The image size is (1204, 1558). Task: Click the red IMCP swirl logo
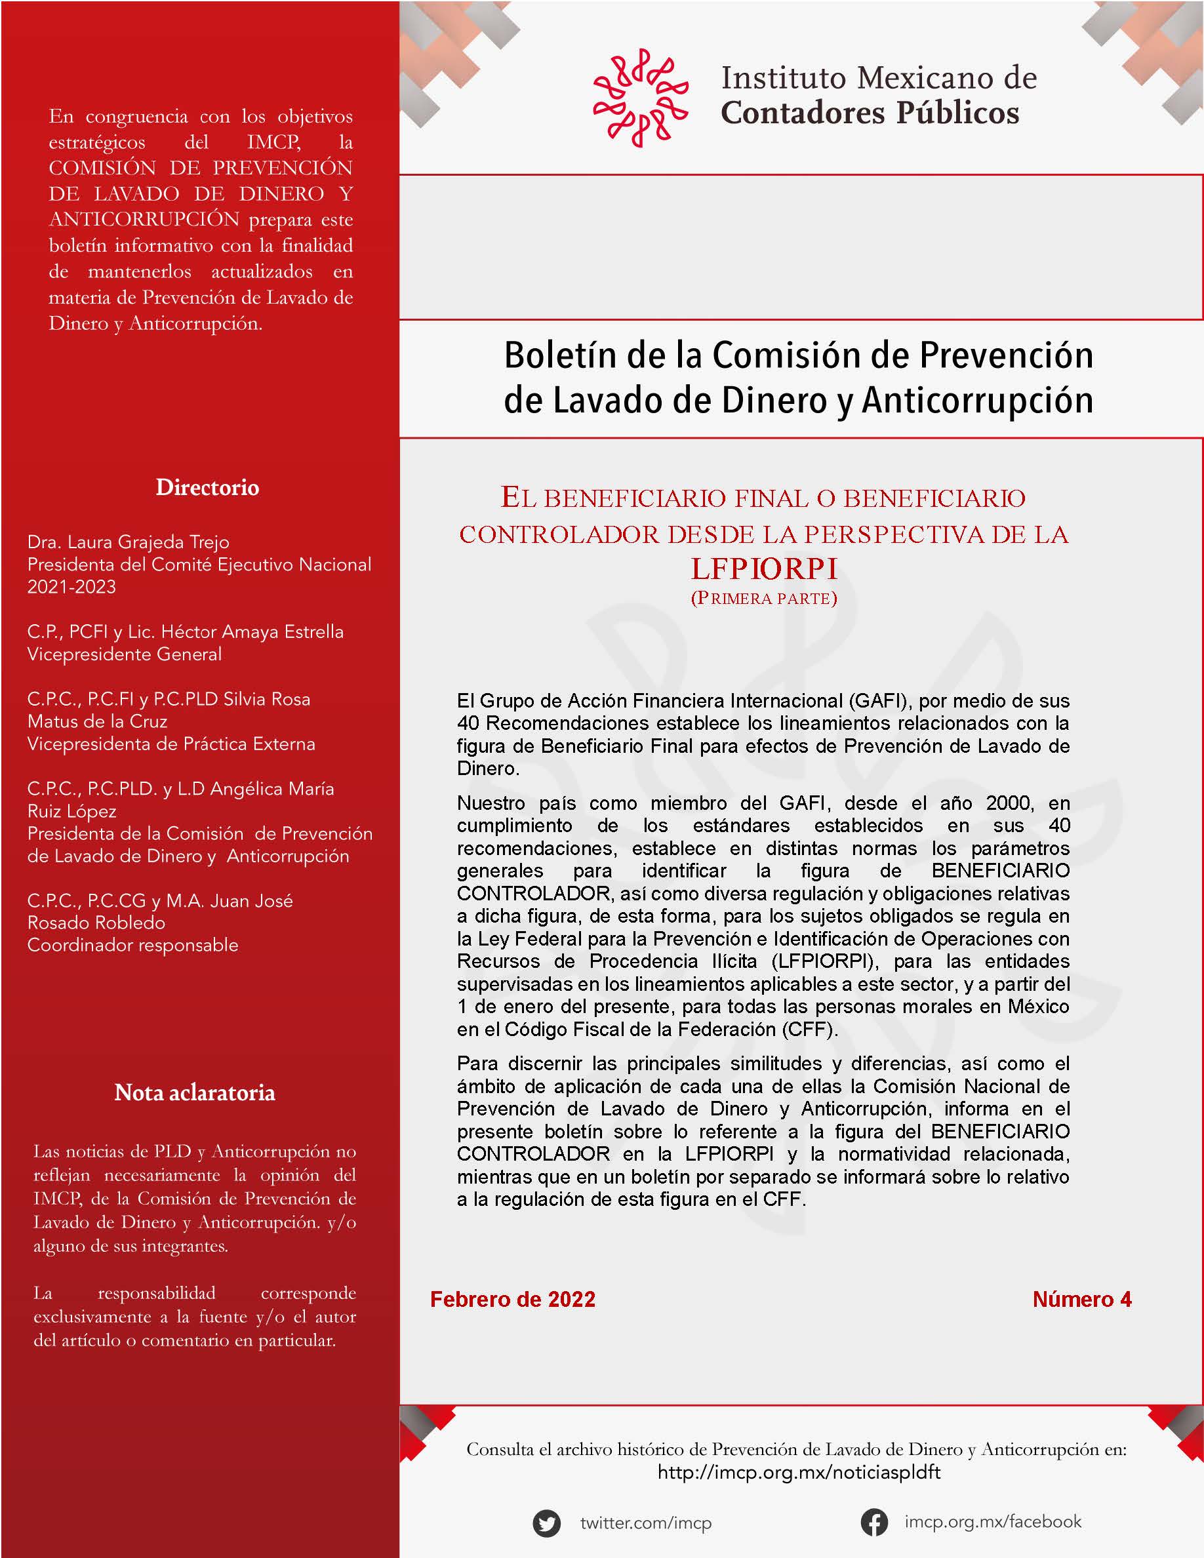click(x=640, y=98)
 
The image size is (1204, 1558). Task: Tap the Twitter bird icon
click(x=546, y=1523)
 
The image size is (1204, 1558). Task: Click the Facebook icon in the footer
click(x=873, y=1522)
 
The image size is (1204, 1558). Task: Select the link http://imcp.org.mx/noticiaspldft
click(x=799, y=1471)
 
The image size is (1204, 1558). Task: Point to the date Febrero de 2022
click(x=512, y=1299)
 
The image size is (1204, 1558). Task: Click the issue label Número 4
click(x=1081, y=1299)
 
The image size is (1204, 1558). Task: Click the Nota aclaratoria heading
click(x=195, y=1092)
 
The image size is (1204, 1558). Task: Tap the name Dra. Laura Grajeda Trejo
click(x=129, y=542)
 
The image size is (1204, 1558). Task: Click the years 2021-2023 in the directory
click(x=71, y=587)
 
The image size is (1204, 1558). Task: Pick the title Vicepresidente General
click(x=124, y=654)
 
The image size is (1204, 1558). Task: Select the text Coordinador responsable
click(x=132, y=945)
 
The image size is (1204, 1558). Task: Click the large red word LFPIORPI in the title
click(x=764, y=569)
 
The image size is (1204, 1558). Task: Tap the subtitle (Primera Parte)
click(x=764, y=598)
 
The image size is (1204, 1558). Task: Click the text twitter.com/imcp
click(x=645, y=1523)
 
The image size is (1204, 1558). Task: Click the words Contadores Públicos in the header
click(x=870, y=113)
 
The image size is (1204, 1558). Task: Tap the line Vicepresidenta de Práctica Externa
click(x=171, y=744)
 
